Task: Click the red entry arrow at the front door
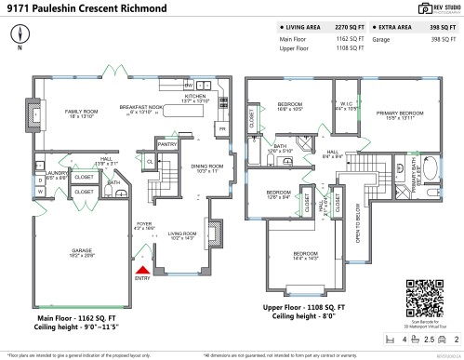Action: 143,269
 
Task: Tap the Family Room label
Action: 82,113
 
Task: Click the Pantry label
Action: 166,145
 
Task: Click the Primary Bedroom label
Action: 400,114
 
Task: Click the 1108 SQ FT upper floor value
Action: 343,48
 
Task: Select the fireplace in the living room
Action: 213,231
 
